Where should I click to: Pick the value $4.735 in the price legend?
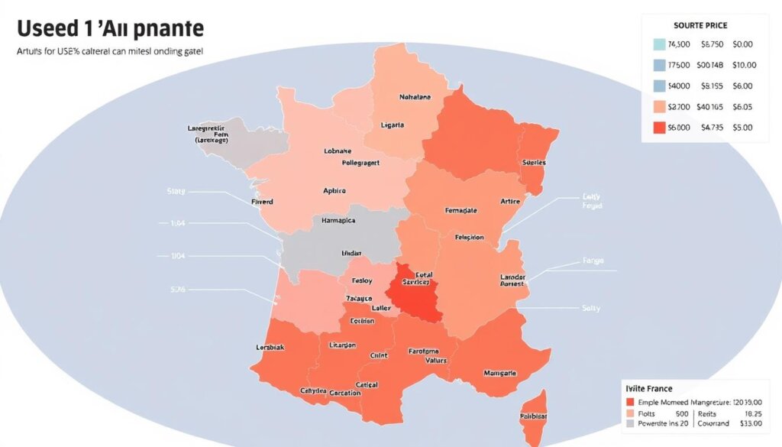coord(711,128)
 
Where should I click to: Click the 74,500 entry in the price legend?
coord(679,45)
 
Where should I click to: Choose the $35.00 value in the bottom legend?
coord(752,423)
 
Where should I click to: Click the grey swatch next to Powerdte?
coord(630,423)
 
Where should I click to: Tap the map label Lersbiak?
coord(270,347)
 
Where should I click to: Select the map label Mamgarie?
coord(500,373)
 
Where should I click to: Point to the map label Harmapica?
coord(335,221)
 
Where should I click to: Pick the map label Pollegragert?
coord(338,163)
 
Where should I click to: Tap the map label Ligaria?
coord(393,125)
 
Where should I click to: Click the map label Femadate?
coord(460,209)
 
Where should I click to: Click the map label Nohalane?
coord(415,97)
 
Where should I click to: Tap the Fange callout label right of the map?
coord(593,261)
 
